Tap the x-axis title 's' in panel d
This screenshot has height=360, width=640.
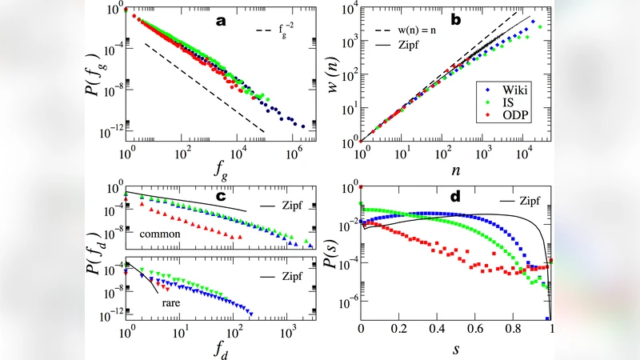point(456,350)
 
